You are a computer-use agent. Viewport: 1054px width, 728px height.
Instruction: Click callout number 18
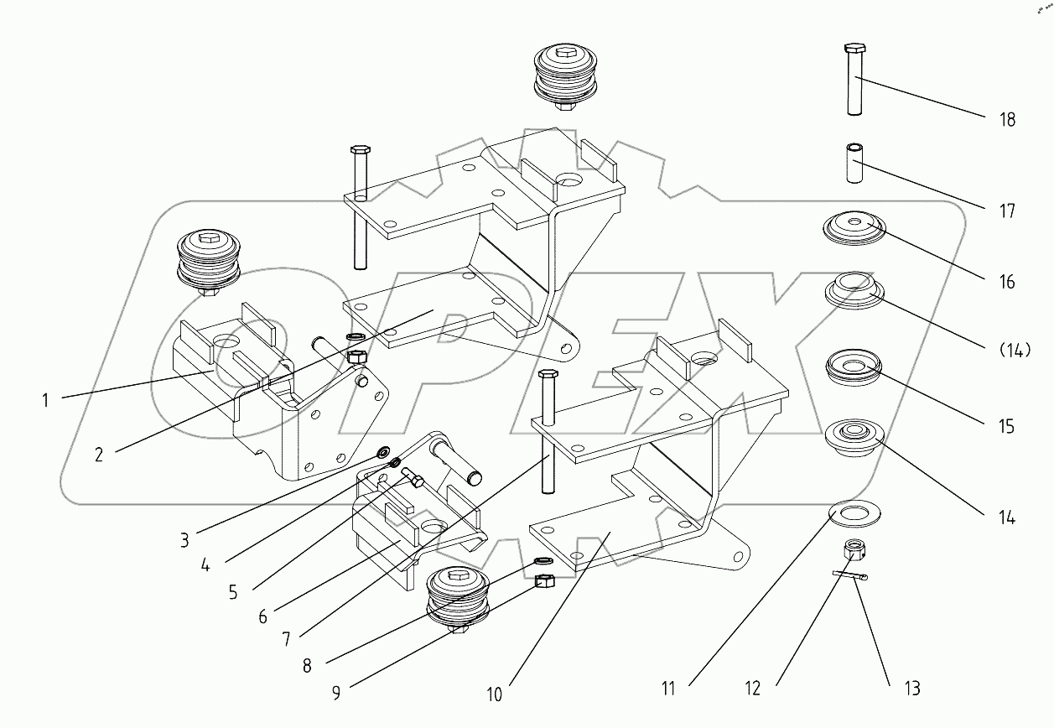click(x=1007, y=120)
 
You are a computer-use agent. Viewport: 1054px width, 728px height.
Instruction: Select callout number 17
click(x=1007, y=211)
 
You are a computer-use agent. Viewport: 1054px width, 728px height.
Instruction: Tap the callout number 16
click(x=1007, y=282)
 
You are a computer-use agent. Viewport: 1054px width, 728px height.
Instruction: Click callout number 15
click(x=1007, y=426)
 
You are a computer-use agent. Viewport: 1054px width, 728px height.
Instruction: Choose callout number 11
click(x=667, y=689)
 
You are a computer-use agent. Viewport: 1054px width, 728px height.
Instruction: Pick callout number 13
click(x=911, y=689)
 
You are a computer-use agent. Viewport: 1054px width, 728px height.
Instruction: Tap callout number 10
click(x=495, y=694)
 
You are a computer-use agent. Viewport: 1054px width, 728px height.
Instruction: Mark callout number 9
click(x=336, y=694)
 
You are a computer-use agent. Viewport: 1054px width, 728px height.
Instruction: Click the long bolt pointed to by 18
click(x=854, y=80)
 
